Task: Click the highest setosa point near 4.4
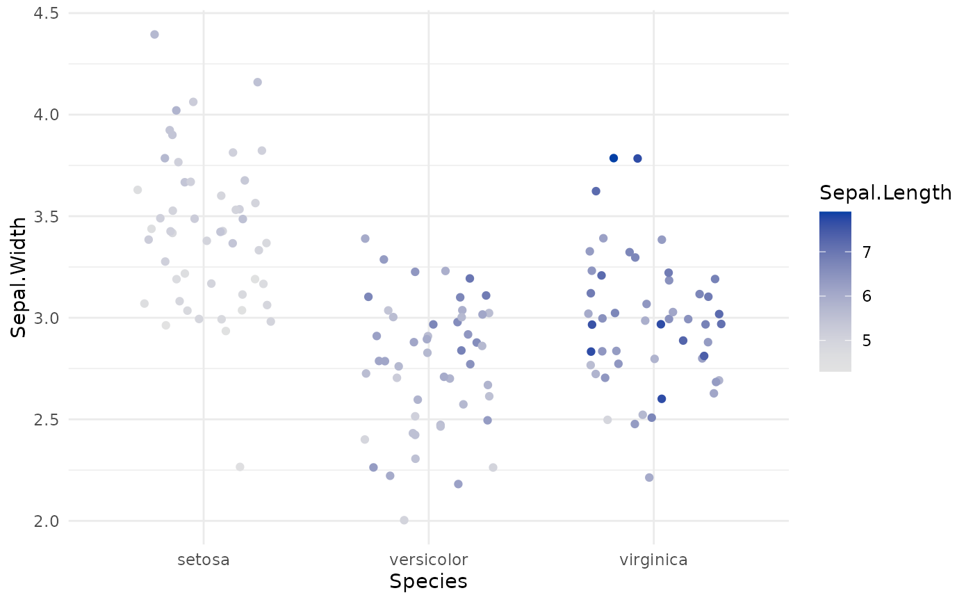(154, 34)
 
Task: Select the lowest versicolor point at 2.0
(404, 520)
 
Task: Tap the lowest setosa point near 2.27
(240, 466)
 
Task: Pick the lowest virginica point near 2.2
(649, 478)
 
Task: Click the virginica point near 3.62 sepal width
(596, 191)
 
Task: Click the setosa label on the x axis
(203, 560)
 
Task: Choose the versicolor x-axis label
(428, 560)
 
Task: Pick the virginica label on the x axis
(653, 560)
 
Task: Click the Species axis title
(428, 581)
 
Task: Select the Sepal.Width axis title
(19, 277)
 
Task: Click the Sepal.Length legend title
(885, 193)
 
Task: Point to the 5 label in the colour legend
(867, 341)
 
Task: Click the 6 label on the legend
(867, 296)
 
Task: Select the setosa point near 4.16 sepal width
(257, 82)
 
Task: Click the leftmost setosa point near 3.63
(138, 190)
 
